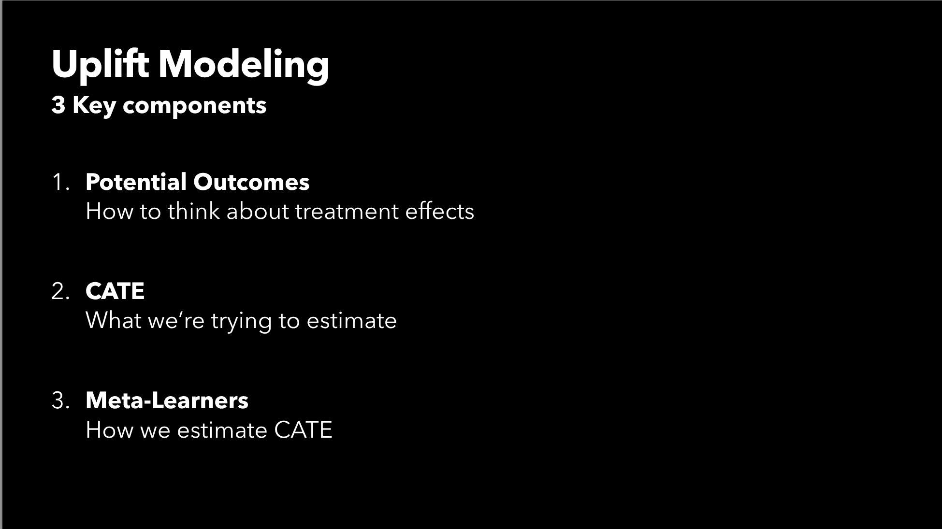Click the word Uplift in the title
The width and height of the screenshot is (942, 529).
pos(100,64)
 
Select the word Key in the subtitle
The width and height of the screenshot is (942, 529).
pos(94,106)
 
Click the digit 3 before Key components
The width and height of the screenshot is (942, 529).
pos(58,105)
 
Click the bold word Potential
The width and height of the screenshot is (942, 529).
pos(136,182)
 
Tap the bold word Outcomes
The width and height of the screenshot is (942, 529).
pos(251,182)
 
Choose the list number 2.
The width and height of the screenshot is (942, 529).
pos(60,291)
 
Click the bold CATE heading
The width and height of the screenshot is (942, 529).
pos(115,291)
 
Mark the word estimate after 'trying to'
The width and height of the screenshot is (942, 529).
pos(351,321)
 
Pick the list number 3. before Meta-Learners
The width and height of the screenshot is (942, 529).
pos(60,400)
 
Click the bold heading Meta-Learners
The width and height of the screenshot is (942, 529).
pos(167,400)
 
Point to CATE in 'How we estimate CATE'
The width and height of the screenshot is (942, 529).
pos(303,430)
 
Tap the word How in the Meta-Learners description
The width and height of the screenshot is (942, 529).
pos(109,430)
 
